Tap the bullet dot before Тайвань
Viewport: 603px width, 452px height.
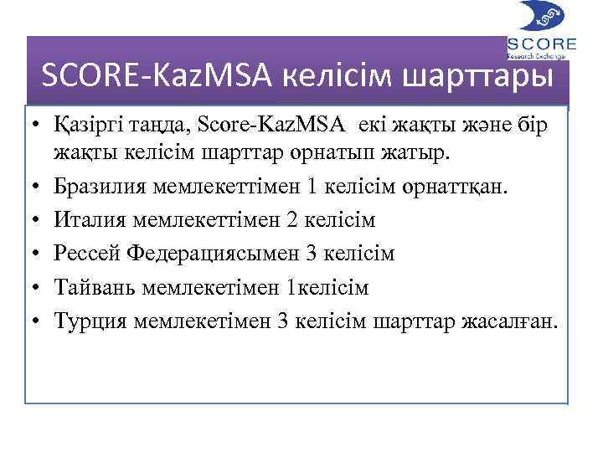point(39,287)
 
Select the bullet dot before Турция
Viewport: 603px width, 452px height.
point(39,321)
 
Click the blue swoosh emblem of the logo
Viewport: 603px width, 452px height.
point(542,17)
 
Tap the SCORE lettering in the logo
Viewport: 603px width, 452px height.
point(542,44)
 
